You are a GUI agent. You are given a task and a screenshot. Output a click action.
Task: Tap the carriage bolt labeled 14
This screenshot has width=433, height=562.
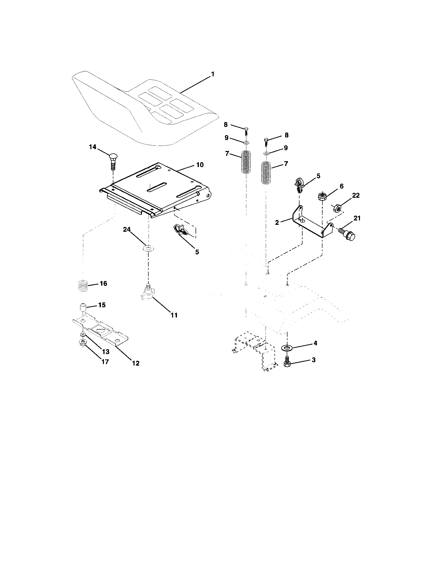point(113,161)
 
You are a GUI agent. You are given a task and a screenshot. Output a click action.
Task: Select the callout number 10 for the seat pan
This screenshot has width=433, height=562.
point(200,165)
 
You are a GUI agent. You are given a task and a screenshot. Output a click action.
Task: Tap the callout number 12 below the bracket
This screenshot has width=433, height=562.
point(136,363)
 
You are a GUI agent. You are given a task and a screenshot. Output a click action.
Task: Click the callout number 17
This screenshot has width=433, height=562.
point(105,361)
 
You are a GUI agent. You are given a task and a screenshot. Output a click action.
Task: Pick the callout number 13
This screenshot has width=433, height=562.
point(105,352)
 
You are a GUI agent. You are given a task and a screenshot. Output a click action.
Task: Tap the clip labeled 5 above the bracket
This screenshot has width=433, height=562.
point(298,185)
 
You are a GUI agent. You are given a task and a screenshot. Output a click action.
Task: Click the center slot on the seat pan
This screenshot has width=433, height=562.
point(156,187)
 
